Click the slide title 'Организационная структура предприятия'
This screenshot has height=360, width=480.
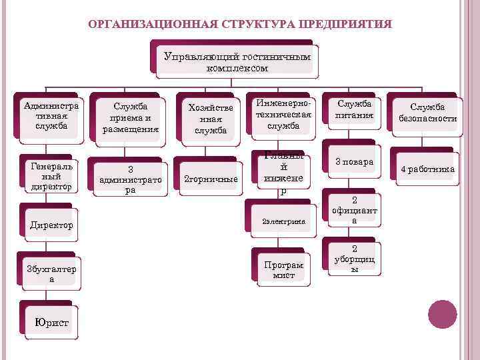240,25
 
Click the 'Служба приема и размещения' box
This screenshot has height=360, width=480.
131,117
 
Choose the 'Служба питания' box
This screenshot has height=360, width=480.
355,111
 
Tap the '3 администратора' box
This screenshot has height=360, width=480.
131,179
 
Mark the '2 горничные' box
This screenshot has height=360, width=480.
211,179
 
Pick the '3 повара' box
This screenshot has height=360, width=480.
355,162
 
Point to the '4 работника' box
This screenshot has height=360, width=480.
427,169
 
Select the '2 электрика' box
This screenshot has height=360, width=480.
283,219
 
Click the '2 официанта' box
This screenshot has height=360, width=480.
355,209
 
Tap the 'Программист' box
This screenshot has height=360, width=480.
283,269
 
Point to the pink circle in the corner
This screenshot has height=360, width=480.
441,314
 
